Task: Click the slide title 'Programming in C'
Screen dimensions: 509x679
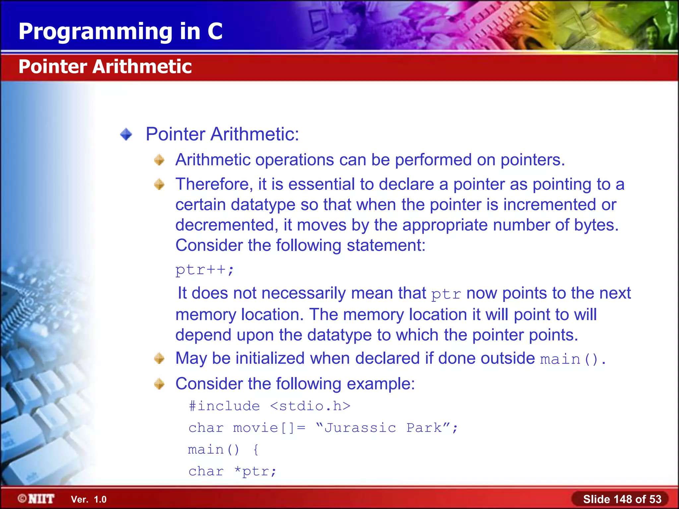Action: click(120, 31)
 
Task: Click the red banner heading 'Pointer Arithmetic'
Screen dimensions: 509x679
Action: click(105, 67)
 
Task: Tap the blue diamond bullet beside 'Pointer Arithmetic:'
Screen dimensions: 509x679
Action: click(126, 135)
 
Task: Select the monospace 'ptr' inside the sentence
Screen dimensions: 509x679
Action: click(446, 294)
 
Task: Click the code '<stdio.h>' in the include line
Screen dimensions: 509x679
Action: click(310, 406)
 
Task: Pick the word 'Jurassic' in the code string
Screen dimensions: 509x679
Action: click(360, 428)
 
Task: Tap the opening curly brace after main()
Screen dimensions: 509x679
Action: click(256, 450)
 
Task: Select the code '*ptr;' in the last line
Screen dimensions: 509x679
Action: click(255, 471)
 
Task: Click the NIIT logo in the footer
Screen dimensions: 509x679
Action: click(36, 499)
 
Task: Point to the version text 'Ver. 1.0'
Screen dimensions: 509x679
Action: click(89, 499)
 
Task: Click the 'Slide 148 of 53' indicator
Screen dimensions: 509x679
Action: click(622, 499)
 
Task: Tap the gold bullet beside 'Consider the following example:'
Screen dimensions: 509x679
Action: click(159, 384)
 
